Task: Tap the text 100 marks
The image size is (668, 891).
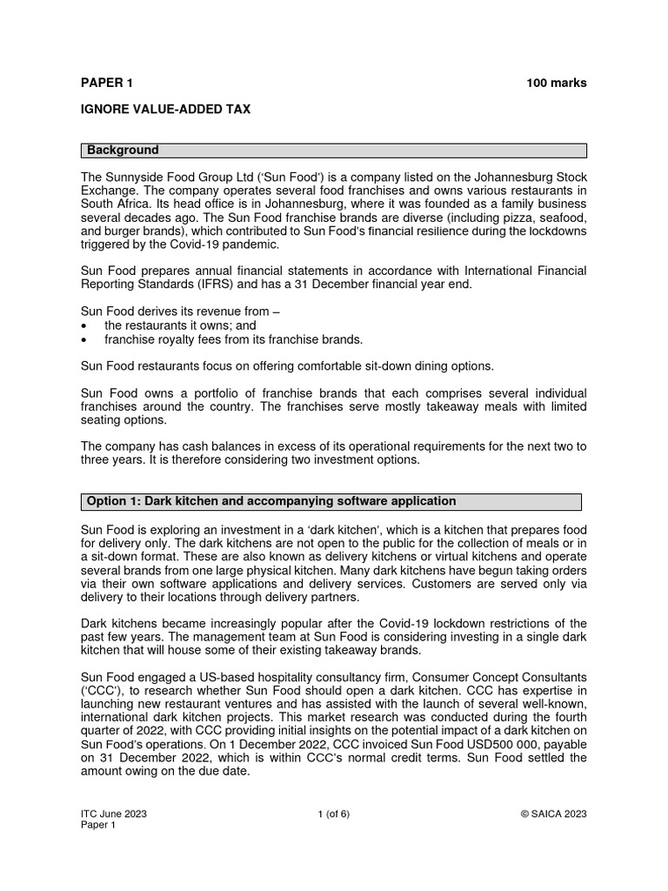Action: (556, 84)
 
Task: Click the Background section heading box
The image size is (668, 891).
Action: (334, 151)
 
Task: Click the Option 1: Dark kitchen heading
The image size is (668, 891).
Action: (271, 501)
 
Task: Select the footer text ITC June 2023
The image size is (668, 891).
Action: (113, 814)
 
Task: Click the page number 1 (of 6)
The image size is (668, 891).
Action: (334, 814)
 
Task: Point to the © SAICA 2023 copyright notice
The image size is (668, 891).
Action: (553, 814)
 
